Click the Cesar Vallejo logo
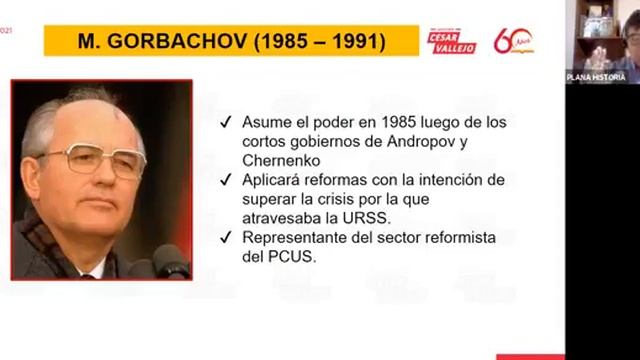click(452, 41)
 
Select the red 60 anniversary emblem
click(513, 41)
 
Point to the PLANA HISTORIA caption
click(596, 77)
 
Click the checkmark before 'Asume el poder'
click(226, 122)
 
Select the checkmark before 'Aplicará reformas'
click(226, 180)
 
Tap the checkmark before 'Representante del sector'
click(226, 237)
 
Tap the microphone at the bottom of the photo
click(169, 262)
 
